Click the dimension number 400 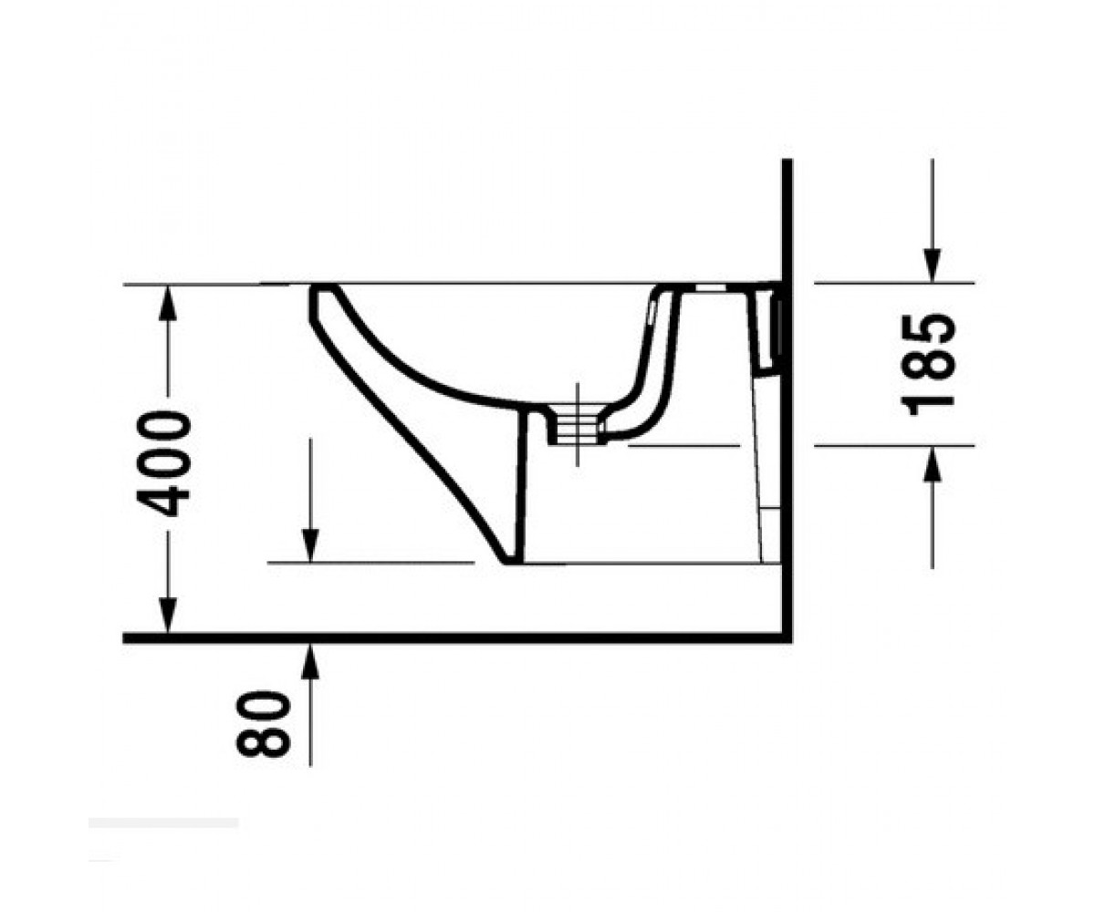point(163,464)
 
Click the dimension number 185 point(927,365)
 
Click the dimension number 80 point(263,724)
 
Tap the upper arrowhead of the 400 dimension point(167,304)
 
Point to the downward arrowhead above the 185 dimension point(932,264)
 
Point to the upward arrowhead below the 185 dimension point(932,463)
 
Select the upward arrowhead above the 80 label point(310,661)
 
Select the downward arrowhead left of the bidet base point(310,545)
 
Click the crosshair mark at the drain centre point(578,424)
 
